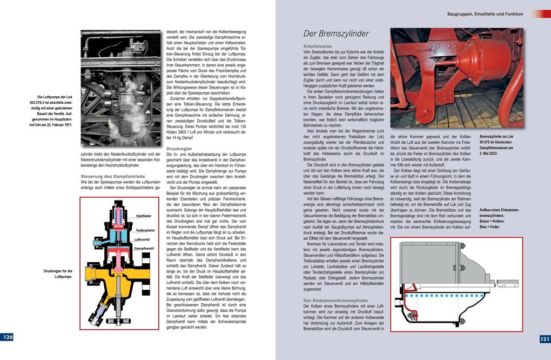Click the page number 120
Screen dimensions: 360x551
pyautogui.click(x=8, y=337)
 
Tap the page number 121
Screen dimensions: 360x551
pyautogui.click(x=544, y=339)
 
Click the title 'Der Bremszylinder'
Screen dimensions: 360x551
pyautogui.click(x=335, y=34)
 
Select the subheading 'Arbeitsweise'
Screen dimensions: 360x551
pyautogui.click(x=317, y=46)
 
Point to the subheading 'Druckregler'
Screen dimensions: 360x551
pyautogui.click(x=179, y=148)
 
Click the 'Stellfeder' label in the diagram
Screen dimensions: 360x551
pyautogui.click(x=144, y=216)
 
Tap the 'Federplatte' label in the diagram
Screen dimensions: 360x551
pyautogui.click(x=146, y=230)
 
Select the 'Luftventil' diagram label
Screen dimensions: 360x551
pyautogui.click(x=143, y=239)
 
